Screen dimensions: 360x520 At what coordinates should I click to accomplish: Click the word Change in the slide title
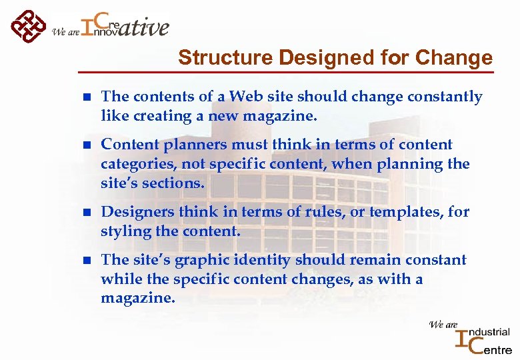pyautogui.click(x=453, y=58)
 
